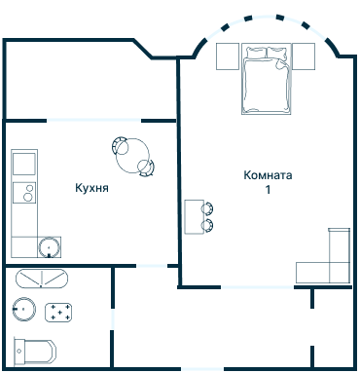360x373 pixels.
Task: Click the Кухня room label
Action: click(91, 188)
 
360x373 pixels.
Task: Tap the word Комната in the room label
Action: click(268, 175)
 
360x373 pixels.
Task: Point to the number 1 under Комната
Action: click(268, 189)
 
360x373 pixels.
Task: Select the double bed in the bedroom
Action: click(266, 79)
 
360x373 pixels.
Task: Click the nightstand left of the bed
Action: click(228, 56)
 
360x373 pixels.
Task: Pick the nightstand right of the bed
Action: click(304, 56)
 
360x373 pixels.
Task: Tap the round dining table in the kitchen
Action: click(132, 156)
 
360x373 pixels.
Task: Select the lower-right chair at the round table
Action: click(147, 168)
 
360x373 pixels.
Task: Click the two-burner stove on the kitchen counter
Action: click(24, 192)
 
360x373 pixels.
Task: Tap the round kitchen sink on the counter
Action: click(49, 247)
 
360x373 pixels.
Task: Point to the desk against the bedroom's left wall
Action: click(195, 217)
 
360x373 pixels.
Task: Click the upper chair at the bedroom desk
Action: click(207, 208)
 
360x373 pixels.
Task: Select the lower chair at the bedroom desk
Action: click(207, 226)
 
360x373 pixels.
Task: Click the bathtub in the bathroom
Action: click(42, 279)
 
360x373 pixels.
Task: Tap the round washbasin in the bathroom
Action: click(24, 309)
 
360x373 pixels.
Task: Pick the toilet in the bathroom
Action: click(35, 352)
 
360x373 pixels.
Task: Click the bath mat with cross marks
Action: click(58, 313)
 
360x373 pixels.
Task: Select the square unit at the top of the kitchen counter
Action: click(24, 164)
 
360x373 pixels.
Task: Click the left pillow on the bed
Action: click(256, 53)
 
